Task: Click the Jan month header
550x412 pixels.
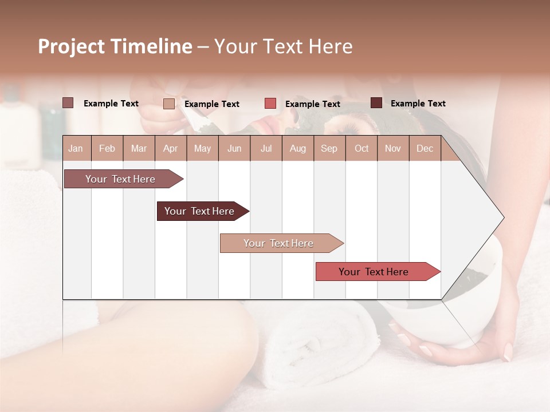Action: coord(76,148)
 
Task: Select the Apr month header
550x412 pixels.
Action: coord(170,148)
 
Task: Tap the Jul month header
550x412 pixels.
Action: coord(266,148)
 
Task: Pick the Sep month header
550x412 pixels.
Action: coord(329,148)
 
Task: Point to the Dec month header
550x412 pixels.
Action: coord(425,148)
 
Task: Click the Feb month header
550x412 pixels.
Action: coord(107,148)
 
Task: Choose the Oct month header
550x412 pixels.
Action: coord(362,148)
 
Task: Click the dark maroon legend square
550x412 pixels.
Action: coord(376,103)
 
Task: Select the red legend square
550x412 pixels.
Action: coord(270,104)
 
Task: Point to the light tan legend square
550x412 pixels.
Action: coord(169,104)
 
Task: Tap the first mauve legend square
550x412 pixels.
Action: coord(68,103)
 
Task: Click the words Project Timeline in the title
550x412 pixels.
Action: coord(115,46)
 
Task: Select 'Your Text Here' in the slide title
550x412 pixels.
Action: coord(283,46)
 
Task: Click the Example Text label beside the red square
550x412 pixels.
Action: coord(312,104)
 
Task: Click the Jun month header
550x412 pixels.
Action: coord(234,148)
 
